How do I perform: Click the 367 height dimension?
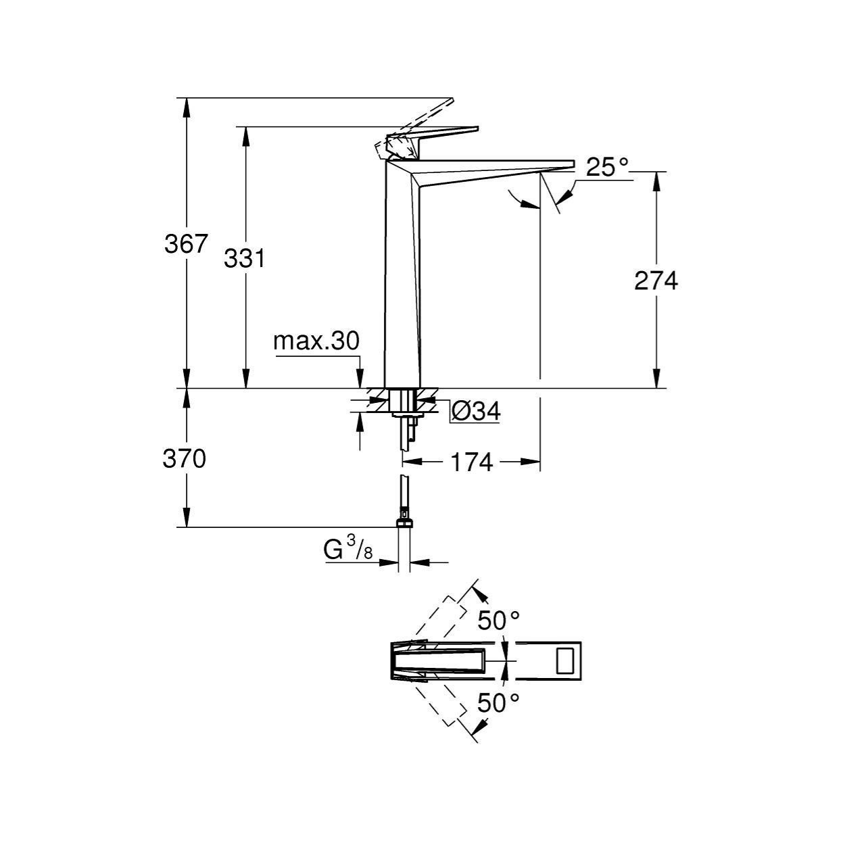click(185, 244)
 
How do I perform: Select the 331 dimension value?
click(244, 258)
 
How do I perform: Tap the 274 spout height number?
click(656, 281)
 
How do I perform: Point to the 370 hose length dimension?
click(184, 459)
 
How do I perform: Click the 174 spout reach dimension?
click(471, 462)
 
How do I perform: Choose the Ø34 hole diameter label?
click(476, 411)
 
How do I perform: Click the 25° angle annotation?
click(607, 167)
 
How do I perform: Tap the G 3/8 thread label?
click(347, 550)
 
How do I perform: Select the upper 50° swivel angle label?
click(498, 621)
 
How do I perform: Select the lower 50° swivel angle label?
click(498, 703)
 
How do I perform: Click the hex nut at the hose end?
click(404, 523)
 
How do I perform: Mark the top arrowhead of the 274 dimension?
click(656, 180)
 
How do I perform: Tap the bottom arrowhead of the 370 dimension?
click(187, 517)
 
